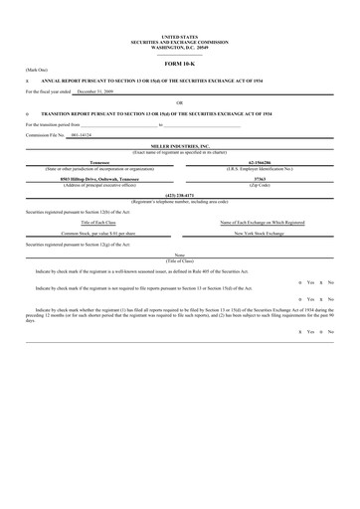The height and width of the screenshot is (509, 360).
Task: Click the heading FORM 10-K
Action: point(179,61)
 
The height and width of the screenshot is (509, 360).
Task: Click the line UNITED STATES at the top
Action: point(179,36)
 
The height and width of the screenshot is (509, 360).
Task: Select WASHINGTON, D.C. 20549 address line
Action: point(179,46)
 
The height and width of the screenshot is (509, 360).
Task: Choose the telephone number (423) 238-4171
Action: point(179,196)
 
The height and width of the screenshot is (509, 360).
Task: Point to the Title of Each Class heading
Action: point(97,222)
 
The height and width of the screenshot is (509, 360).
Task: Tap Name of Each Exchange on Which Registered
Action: point(263,222)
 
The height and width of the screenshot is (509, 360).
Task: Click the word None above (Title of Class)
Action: point(180,254)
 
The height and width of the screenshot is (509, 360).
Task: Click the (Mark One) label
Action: point(36,71)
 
